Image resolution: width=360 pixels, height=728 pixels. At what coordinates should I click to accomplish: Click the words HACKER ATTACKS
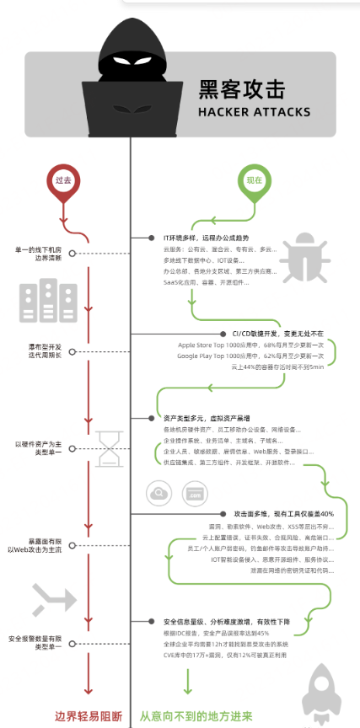247,110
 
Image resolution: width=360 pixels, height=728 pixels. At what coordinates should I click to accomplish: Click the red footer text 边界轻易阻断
88,715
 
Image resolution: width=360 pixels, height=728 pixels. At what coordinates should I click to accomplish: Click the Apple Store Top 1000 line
250,345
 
